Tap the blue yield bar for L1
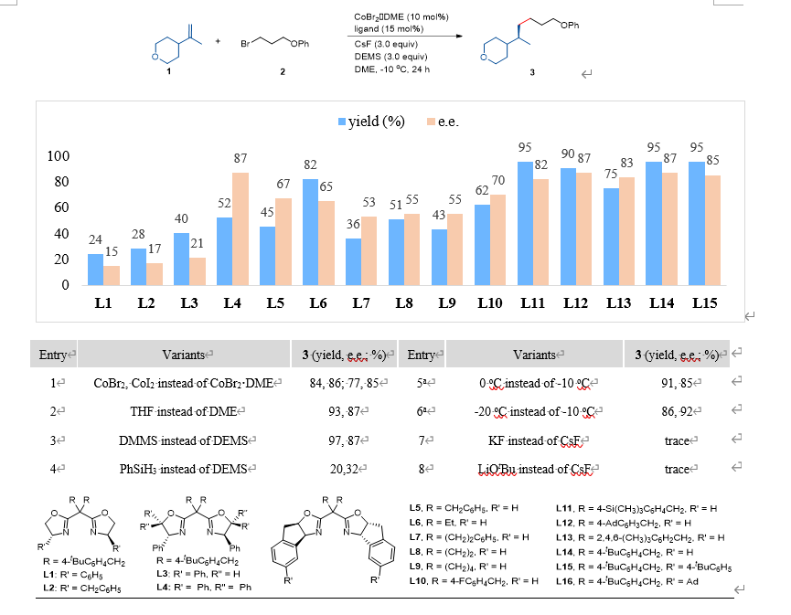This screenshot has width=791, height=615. click(95, 269)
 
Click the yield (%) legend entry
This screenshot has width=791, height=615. click(372, 122)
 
